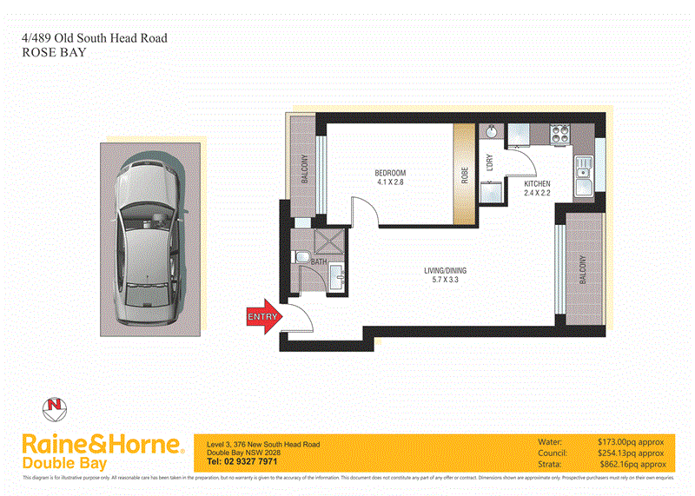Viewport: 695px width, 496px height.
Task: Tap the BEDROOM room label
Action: pyautogui.click(x=391, y=173)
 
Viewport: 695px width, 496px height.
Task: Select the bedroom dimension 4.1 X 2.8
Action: pyautogui.click(x=391, y=182)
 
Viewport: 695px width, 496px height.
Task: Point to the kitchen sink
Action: pyautogui.click(x=582, y=177)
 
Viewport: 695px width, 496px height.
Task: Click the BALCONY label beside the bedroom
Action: pyautogui.click(x=305, y=169)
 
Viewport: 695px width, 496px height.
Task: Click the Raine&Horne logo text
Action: pyautogui.click(x=103, y=445)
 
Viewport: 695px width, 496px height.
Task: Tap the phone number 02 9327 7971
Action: pyautogui.click(x=241, y=463)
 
